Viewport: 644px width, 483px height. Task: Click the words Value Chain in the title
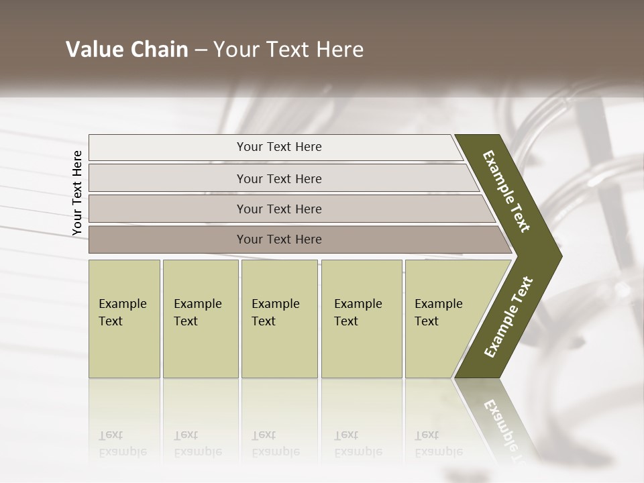127,50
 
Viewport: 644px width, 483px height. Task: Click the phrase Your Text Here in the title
288,50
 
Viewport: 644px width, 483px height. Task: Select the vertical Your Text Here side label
77,193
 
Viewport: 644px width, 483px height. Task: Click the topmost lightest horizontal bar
168,148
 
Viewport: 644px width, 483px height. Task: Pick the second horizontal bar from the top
168,178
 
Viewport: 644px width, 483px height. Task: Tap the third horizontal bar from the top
168,209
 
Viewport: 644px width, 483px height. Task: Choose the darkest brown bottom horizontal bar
168,239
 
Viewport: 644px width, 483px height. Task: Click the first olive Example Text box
124,319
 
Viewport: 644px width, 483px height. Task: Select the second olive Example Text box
200,319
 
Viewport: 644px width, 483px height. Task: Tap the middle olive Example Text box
279,319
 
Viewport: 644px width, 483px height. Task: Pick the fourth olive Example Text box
361,319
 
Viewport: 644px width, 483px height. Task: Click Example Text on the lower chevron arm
508,317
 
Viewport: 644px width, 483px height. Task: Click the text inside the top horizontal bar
279,147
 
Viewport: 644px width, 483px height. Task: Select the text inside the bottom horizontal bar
279,239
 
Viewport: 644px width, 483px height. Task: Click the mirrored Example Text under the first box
122,443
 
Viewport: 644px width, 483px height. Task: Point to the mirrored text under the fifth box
439,443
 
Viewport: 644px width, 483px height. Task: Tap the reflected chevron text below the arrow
503,429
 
